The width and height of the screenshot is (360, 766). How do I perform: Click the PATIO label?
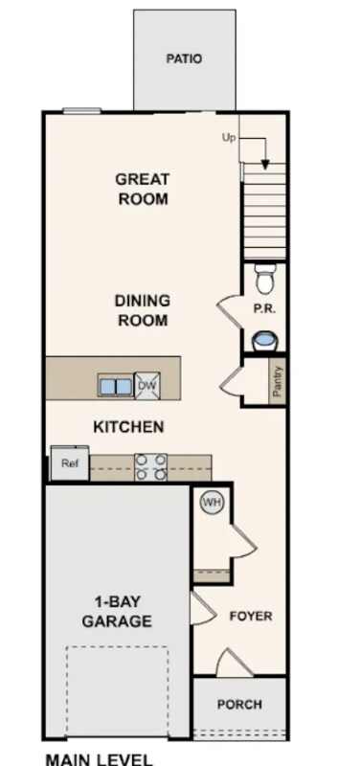pyautogui.click(x=184, y=59)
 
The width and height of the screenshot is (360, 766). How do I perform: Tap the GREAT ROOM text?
pyautogui.click(x=143, y=189)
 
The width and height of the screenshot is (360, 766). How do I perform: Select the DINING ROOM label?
pyautogui.click(x=143, y=310)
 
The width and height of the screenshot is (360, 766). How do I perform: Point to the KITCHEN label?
pyautogui.click(x=128, y=427)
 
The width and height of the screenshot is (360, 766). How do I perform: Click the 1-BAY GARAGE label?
pyautogui.click(x=117, y=611)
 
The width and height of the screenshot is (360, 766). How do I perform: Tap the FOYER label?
pyautogui.click(x=251, y=616)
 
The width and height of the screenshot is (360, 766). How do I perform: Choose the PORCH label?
pyautogui.click(x=239, y=705)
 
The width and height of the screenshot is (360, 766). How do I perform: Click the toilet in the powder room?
pyautogui.click(x=265, y=279)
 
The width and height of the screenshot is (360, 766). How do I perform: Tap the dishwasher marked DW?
pyautogui.click(x=147, y=386)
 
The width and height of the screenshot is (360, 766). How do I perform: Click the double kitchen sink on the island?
pyautogui.click(x=115, y=386)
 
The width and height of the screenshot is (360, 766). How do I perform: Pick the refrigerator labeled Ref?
pyautogui.click(x=70, y=463)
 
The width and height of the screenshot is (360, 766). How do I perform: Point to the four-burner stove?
pyautogui.click(x=150, y=467)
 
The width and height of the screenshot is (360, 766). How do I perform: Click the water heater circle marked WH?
pyautogui.click(x=212, y=502)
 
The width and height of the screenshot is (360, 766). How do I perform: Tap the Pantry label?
pyautogui.click(x=278, y=381)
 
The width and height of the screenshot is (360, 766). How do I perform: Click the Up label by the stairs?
pyautogui.click(x=229, y=138)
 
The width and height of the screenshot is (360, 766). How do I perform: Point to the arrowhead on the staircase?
pyautogui.click(x=265, y=165)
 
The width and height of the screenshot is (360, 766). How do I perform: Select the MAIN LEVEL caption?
pyautogui.click(x=100, y=759)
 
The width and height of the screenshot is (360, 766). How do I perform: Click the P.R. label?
pyautogui.click(x=263, y=309)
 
